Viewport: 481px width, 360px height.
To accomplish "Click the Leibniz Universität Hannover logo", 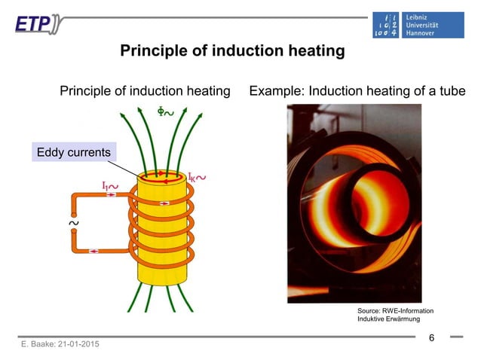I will (x=418, y=25).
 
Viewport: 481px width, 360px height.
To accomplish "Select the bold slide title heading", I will (x=232, y=51).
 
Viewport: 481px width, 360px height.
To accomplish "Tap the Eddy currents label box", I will (x=74, y=152).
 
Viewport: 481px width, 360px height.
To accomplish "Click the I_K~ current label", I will (x=198, y=178).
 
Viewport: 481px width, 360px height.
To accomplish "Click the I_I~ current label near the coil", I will (x=110, y=183).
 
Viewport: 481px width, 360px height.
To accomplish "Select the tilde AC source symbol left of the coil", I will (x=74, y=224).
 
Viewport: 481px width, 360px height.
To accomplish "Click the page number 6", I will (x=431, y=338).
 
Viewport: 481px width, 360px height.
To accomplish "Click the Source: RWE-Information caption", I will (x=395, y=310).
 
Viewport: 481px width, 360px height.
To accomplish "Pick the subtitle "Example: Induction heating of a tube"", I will (x=357, y=91).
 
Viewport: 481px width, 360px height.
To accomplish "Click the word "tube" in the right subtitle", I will (x=452, y=91).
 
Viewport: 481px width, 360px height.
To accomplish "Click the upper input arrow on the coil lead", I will (x=111, y=194).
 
